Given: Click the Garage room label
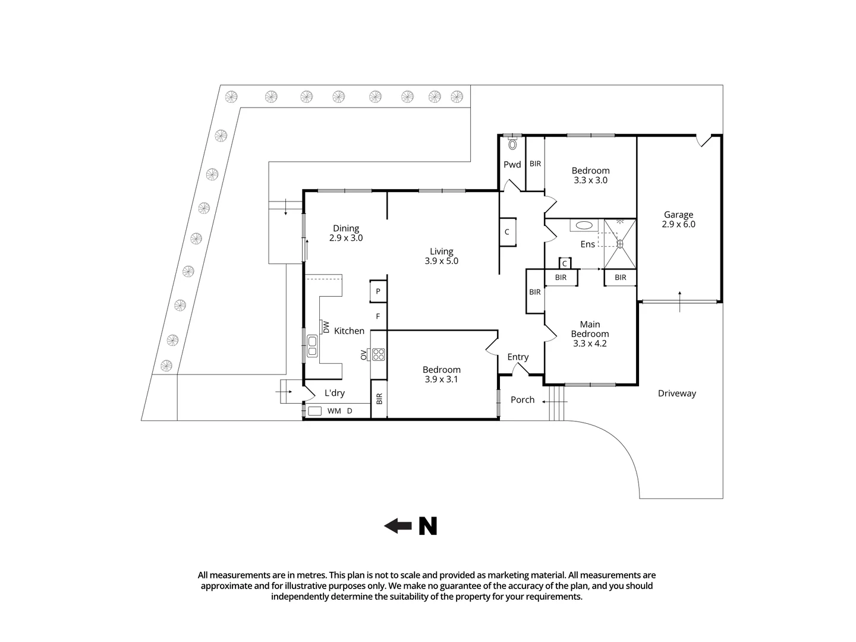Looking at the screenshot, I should [678, 215].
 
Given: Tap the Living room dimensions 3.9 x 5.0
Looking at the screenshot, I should [441, 261].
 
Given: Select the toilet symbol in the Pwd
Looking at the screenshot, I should [512, 144].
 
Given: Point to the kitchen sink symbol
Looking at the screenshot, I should [312, 346].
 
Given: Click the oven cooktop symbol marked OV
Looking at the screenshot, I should [378, 354].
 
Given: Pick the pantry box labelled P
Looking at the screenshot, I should [378, 292].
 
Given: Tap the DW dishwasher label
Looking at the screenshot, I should [326, 326].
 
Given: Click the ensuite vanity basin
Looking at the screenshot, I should [584, 225].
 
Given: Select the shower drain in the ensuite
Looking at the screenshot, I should [619, 243].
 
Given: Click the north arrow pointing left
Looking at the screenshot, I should [398, 526].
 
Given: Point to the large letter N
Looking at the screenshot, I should [427, 526].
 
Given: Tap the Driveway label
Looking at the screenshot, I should [676, 394].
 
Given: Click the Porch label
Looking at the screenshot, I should [523, 400].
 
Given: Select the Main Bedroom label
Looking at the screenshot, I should [590, 329].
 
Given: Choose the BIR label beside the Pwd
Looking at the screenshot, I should [535, 163].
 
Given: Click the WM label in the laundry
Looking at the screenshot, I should [334, 411].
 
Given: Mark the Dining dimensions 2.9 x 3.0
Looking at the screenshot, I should [346, 238].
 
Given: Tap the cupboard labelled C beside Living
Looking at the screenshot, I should [507, 232].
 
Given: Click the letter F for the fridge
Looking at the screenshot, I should [377, 316].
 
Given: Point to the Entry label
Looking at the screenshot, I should [518, 357].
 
